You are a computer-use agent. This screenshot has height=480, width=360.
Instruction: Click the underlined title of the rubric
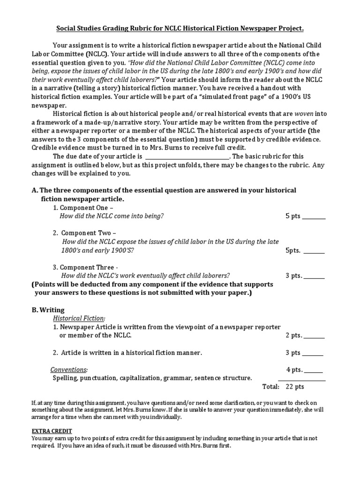[x=180, y=29]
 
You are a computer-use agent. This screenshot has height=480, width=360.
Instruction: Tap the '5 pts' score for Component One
[x=294, y=216]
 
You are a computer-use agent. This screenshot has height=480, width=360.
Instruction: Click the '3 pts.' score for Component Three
[x=294, y=276]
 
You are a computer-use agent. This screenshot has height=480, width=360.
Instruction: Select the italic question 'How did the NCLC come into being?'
[x=112, y=216]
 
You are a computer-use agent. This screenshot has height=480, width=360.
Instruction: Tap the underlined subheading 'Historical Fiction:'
[x=79, y=318]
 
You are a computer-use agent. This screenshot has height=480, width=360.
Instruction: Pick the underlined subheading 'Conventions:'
[x=69, y=369]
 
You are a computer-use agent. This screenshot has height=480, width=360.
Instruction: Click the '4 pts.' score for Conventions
[x=295, y=369]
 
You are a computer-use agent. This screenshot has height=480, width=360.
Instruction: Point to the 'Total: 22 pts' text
[x=283, y=387]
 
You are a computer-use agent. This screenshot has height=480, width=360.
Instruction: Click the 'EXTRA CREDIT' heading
[x=52, y=431]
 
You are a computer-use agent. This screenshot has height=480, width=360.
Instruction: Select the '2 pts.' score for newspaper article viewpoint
[x=294, y=336]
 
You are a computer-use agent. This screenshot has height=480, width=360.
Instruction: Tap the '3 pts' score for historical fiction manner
[x=293, y=352]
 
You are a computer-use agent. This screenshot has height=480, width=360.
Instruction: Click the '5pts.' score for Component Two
[x=294, y=250]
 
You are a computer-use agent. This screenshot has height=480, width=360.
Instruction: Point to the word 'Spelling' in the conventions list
[x=65, y=378]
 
